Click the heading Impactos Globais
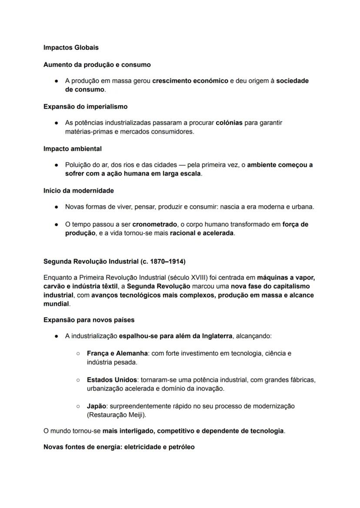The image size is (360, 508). [71, 47]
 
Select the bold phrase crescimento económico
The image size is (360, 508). [190, 81]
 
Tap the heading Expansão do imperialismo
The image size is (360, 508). [85, 106]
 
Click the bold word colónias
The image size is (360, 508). [229, 123]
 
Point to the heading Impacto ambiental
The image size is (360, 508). [72, 149]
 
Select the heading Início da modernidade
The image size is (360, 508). [78, 191]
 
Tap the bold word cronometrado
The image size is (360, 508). [154, 225]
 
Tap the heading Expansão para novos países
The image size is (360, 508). [89, 320]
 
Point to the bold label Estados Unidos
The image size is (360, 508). [112, 380]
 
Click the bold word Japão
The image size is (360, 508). [96, 406]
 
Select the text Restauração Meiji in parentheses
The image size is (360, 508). [116, 415]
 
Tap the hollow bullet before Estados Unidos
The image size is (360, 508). [78, 380]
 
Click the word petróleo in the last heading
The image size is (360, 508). [181, 447]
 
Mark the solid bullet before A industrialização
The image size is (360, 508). [57, 336]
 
